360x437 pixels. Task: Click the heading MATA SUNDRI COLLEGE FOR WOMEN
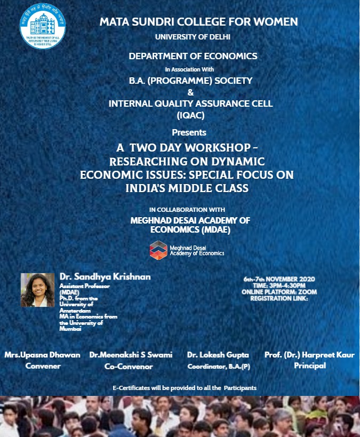(x=198, y=22)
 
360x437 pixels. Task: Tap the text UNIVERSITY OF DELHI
(x=193, y=36)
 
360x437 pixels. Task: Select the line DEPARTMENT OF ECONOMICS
(x=193, y=55)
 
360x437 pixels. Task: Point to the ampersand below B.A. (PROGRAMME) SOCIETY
(x=190, y=92)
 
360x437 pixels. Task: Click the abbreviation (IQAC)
(x=190, y=114)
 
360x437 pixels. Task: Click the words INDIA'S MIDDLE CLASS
(x=187, y=188)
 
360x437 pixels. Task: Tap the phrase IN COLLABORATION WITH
(x=187, y=210)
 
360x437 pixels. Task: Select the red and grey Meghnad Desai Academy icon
(x=158, y=249)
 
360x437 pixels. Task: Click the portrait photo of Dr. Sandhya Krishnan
(x=37, y=290)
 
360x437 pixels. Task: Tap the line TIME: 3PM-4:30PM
(x=279, y=285)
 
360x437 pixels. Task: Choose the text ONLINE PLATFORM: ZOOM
(x=279, y=292)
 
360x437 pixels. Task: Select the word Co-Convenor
(x=129, y=367)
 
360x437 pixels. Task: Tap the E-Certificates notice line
(x=185, y=387)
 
